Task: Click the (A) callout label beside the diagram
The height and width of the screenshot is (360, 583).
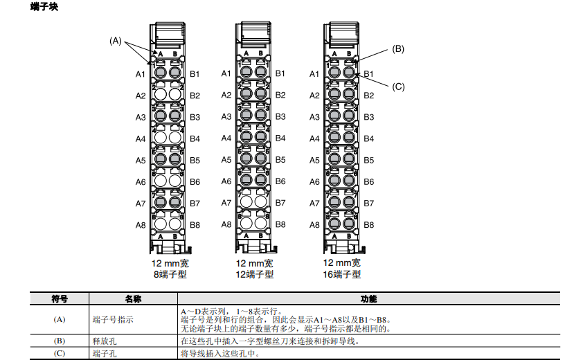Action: (x=116, y=41)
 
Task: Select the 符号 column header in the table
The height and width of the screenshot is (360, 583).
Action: (x=60, y=299)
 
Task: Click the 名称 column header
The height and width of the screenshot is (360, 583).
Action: (x=133, y=299)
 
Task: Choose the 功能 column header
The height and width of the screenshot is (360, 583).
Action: (x=368, y=299)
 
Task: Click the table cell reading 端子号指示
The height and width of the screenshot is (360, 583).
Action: (x=113, y=320)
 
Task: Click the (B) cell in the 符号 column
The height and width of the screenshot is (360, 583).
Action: (x=60, y=341)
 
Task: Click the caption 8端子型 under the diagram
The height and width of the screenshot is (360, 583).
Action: (x=170, y=274)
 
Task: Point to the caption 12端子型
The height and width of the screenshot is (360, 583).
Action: (x=255, y=274)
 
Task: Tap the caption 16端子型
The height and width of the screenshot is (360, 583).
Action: (x=342, y=274)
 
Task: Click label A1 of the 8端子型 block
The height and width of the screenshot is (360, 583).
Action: (x=141, y=74)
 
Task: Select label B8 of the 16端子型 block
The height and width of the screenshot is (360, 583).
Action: (x=368, y=225)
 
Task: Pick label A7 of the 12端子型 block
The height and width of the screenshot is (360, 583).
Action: (x=226, y=203)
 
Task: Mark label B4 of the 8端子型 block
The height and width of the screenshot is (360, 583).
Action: (x=195, y=138)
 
